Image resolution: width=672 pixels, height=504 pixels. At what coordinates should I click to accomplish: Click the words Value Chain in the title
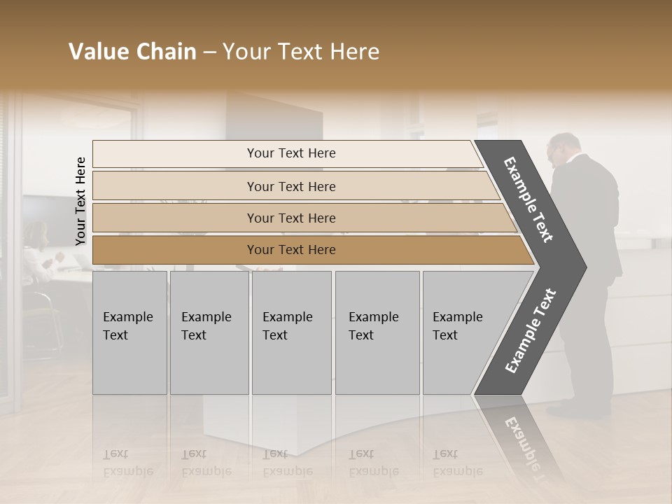click(132, 52)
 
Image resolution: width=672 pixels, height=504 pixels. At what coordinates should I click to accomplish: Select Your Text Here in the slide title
click(301, 52)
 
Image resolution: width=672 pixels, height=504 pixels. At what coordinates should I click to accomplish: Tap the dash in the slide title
click(209, 52)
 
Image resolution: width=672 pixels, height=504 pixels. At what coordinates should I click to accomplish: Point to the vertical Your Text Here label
click(80, 201)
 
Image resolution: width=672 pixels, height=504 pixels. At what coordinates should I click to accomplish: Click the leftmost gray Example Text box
click(129, 332)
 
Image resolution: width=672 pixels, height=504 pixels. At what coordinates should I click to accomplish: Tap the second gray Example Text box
click(209, 332)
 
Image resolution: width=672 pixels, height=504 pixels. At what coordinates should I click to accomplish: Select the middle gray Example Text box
click(291, 332)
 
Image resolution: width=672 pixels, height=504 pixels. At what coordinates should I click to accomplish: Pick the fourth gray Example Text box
click(377, 332)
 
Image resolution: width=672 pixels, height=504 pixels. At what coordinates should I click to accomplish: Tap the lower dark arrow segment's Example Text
click(531, 330)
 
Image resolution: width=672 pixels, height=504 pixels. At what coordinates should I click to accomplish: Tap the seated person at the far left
click(35, 252)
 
